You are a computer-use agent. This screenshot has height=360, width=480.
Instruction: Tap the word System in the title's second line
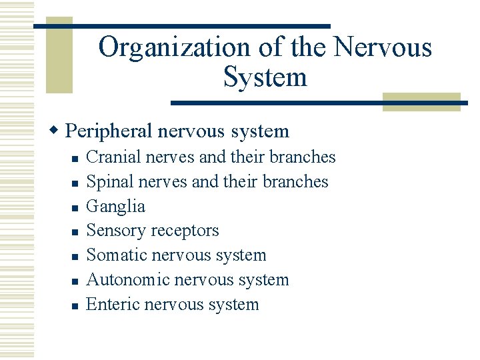click(x=265, y=77)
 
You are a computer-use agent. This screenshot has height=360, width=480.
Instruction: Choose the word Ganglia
click(x=116, y=207)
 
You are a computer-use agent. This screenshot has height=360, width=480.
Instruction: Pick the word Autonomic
click(x=128, y=280)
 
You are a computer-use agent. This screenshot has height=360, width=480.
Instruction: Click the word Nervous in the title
click(x=382, y=48)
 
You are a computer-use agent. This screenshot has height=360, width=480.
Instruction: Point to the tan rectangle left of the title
click(x=59, y=56)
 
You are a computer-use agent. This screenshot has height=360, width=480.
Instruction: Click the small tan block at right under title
click(x=421, y=101)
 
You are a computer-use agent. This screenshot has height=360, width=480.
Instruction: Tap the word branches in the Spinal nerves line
click(x=295, y=182)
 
